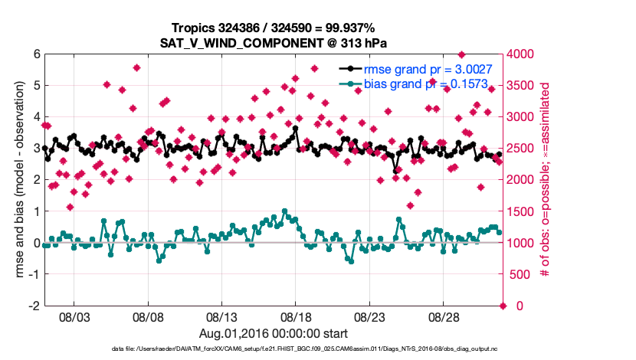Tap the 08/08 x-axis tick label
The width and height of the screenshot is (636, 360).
(149, 316)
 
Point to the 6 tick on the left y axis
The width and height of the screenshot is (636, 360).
(35, 54)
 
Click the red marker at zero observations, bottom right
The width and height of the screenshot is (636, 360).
(503, 306)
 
